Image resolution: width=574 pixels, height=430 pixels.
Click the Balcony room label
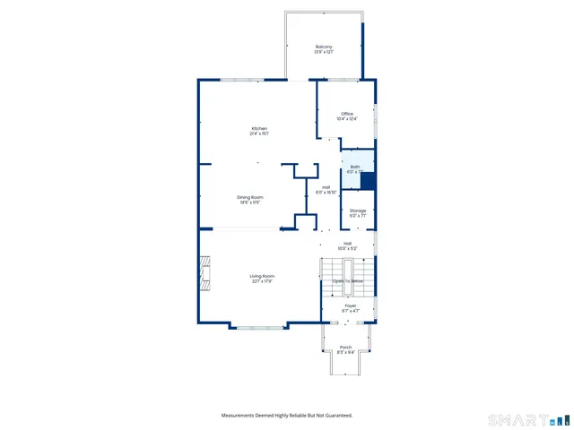pos(324,47)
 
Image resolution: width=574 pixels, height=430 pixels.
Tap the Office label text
pos(346,114)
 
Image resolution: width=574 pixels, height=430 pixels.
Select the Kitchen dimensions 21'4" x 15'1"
pos(259,133)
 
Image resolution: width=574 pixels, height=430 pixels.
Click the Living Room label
pos(262,276)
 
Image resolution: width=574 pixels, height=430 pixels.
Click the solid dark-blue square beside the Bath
pos(367,179)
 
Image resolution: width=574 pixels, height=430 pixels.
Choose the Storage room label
pos(358,211)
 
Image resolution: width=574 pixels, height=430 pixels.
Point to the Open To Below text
pos(348,281)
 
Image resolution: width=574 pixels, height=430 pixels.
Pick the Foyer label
pos(351,305)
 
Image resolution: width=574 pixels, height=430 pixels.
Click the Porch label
pos(345,348)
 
